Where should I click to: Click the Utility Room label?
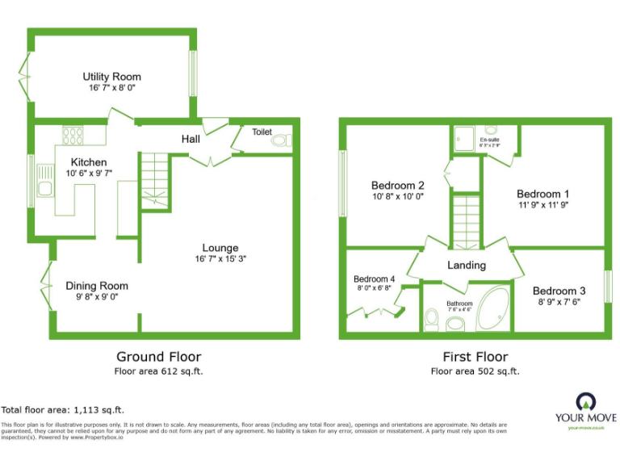tap(111, 77)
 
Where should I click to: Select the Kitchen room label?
tap(89, 161)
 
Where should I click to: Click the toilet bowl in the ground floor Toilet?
tap(280, 140)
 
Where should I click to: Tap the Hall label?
tap(191, 140)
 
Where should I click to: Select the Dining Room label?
tap(97, 286)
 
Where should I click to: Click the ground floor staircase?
tap(153, 181)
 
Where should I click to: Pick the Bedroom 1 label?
tap(542, 194)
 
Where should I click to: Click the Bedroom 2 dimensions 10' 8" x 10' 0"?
tap(397, 196)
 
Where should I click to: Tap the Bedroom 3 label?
tap(559, 291)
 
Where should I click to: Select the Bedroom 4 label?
tap(374, 279)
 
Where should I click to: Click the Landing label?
tap(467, 265)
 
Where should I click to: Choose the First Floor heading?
tap(475, 356)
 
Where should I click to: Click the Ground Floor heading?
tap(159, 356)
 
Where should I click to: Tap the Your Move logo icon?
tap(585, 401)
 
